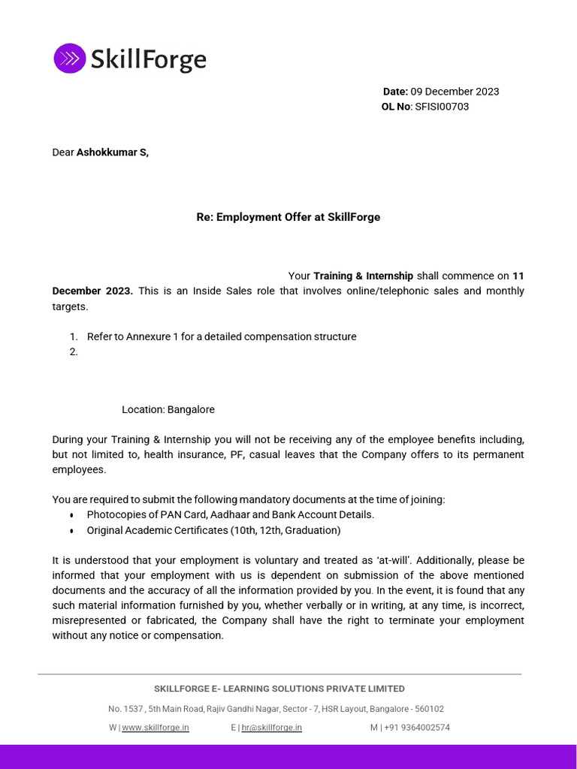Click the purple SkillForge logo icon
click(69, 58)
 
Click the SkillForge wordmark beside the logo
click(148, 59)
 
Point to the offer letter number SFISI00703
click(442, 107)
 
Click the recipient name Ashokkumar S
click(112, 152)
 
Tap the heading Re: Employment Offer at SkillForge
click(288, 217)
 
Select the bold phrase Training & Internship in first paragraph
click(363, 276)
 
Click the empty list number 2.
click(74, 351)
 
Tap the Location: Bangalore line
click(168, 409)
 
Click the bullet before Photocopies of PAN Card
click(71, 515)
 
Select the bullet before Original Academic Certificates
click(71, 531)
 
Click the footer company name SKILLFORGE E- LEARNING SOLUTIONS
click(279, 689)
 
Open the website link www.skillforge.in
click(156, 728)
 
